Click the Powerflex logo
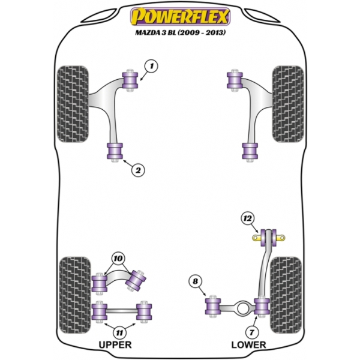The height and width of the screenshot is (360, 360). coord(180,17)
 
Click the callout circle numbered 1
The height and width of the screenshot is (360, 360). coord(152,67)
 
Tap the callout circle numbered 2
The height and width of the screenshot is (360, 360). coord(138,170)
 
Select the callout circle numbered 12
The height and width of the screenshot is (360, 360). coord(248,218)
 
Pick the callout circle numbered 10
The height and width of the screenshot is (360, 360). coord(118,259)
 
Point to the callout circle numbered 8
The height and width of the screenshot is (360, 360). coord(196,281)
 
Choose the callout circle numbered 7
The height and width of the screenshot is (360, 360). coord(252,332)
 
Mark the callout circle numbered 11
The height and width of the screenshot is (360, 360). coord(119,332)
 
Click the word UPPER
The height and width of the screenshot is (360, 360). coord(115,344)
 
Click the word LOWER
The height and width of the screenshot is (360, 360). coord(248,344)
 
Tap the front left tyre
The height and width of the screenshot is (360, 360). coord(73,104)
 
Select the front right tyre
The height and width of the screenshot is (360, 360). coord(288,104)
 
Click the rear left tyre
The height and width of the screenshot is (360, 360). coord(75,295)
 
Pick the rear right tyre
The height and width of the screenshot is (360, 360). coord(286,295)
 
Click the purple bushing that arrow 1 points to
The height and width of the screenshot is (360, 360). coord(130,80)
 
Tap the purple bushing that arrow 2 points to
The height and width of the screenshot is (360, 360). coord(115,151)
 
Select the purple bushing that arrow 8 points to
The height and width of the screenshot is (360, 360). coord(213,306)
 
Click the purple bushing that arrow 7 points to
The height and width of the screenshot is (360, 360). coord(262,306)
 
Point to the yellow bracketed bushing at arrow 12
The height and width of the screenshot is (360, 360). coord(268,238)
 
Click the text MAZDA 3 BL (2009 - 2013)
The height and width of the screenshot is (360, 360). coord(180,32)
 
